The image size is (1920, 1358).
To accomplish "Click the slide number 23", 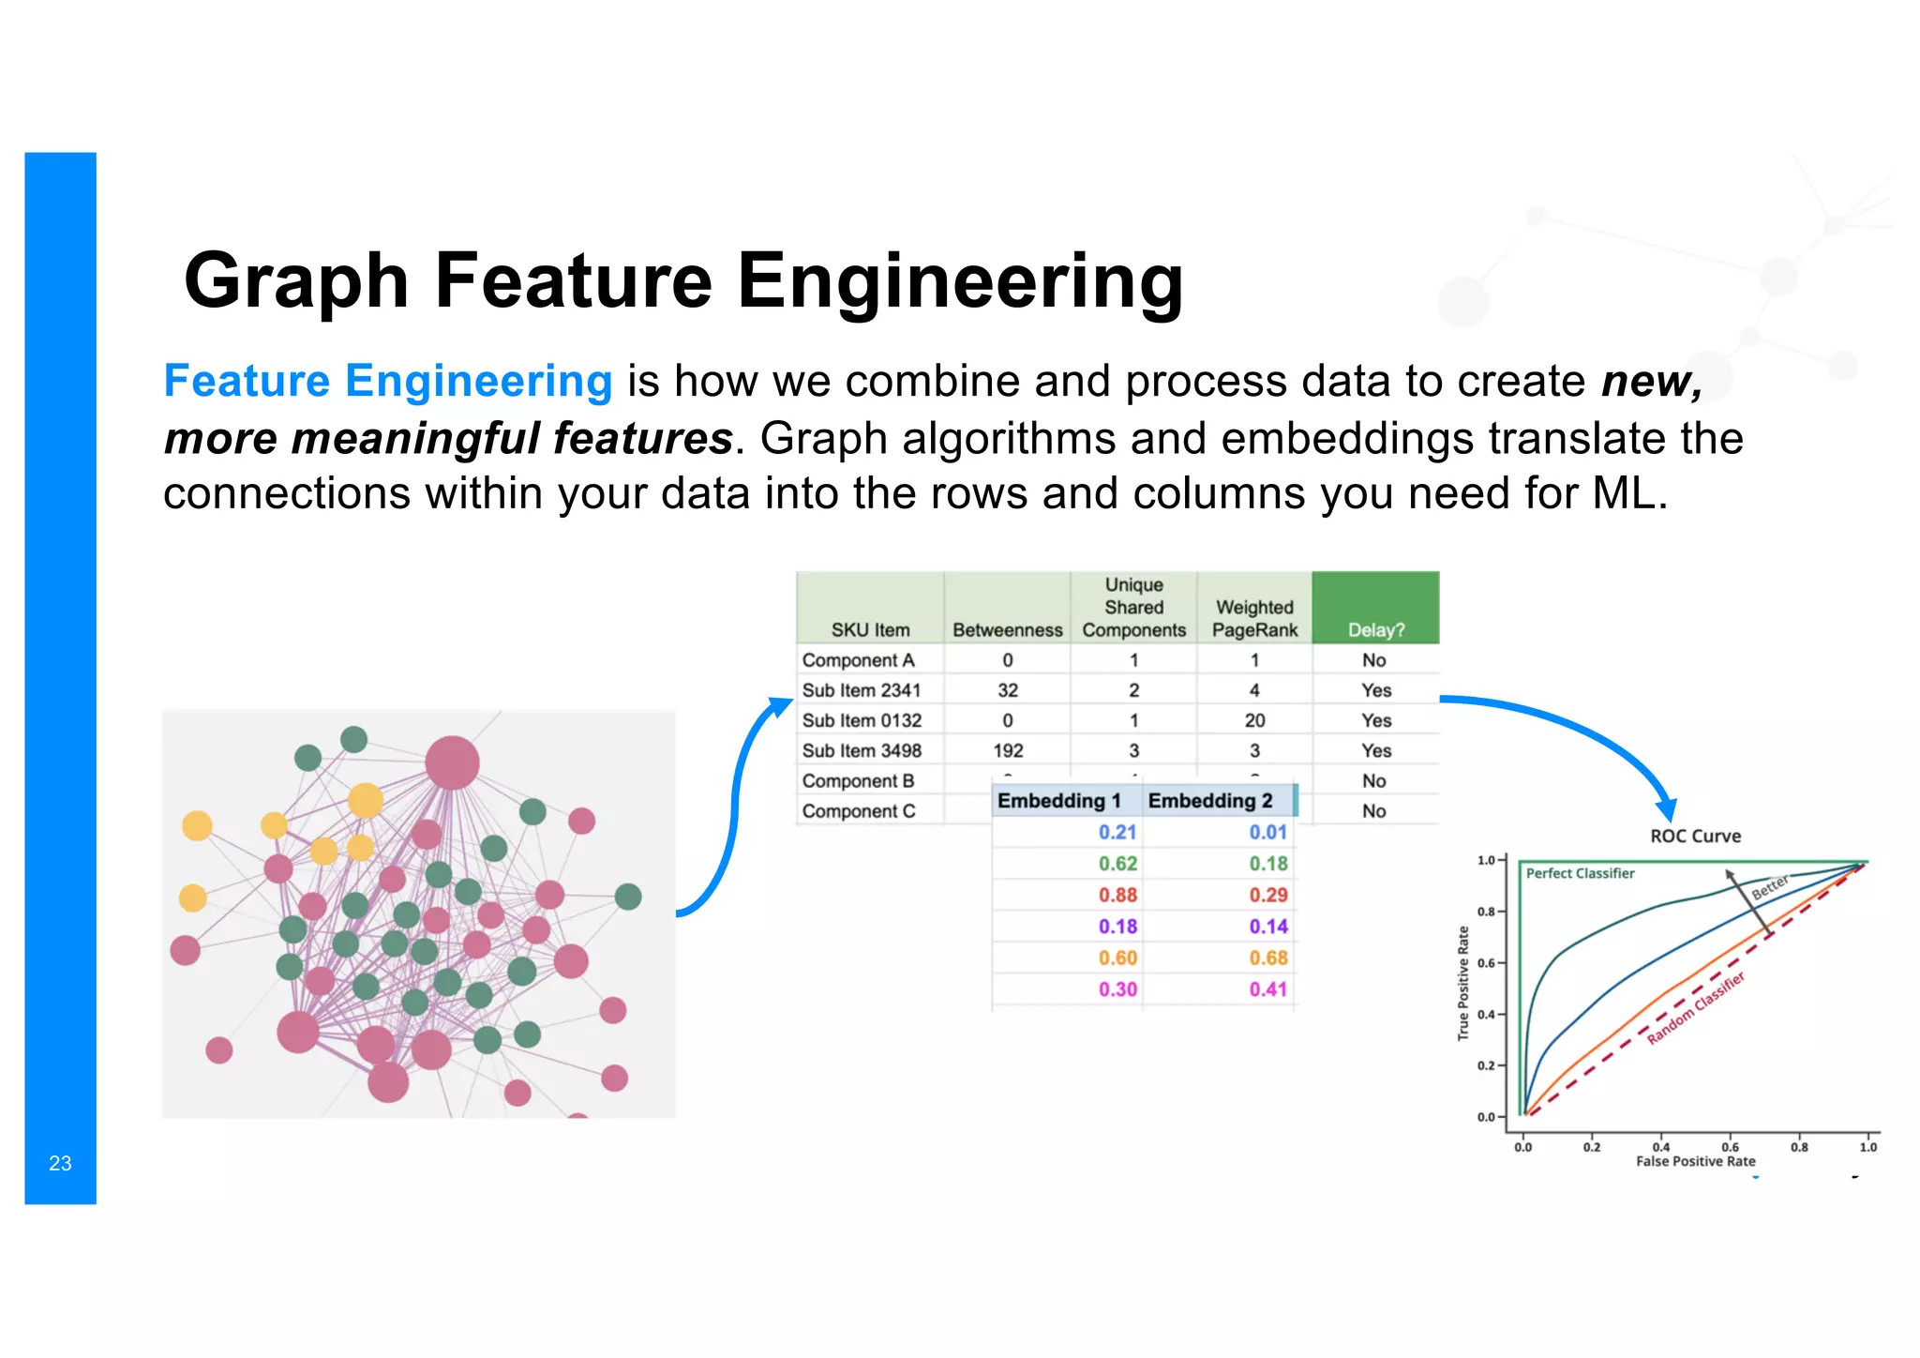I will [60, 1163].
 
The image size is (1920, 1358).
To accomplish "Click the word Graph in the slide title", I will [296, 280].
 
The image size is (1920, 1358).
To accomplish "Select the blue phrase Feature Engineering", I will [387, 381].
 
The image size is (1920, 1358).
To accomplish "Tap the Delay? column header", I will [1375, 630].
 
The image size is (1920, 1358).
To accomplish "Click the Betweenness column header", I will [1007, 630].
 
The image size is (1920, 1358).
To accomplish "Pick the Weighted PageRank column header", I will [1254, 619].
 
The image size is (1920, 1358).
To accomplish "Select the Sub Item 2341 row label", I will [862, 690].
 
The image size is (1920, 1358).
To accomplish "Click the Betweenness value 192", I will [1008, 750].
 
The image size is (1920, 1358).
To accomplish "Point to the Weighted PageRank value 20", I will [1254, 720].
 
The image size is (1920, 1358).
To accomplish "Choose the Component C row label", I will [859, 811].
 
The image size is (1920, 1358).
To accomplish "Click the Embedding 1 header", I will [1059, 801].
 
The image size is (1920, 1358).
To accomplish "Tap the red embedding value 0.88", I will [1117, 896].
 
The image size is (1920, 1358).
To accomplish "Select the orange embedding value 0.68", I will [1267, 958].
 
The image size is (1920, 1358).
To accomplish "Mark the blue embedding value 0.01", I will [1267, 833].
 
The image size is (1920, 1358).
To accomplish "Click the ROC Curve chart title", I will [1695, 837].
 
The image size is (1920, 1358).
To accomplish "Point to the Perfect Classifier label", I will [1580, 873].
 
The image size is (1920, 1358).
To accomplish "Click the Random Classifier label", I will [1696, 1008].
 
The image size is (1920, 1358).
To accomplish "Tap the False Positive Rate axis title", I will [1695, 1161].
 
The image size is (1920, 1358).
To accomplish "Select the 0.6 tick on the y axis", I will [1486, 963].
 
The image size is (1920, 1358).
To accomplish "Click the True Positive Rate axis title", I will [1462, 983].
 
